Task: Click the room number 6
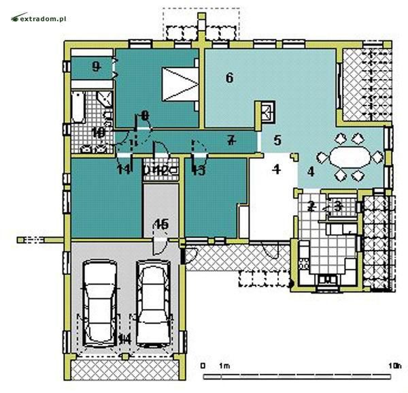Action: (229, 78)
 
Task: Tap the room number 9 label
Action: (96, 66)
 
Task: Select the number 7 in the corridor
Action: (231, 141)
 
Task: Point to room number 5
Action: (277, 141)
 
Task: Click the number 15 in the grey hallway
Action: (160, 223)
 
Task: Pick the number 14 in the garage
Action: (124, 339)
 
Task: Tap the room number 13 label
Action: (198, 170)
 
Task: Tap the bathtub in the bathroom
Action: (79, 108)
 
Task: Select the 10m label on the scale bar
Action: (394, 366)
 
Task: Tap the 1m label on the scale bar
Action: (225, 366)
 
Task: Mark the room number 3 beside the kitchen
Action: (337, 205)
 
